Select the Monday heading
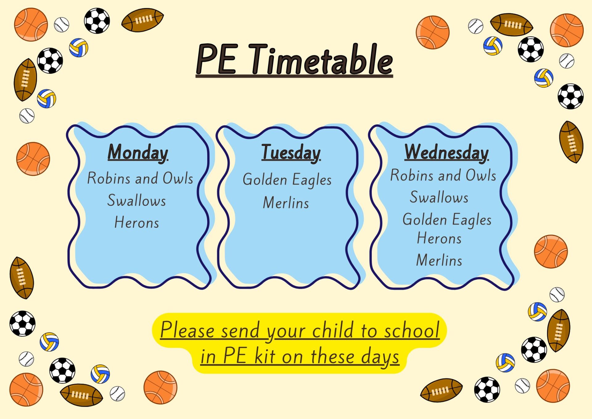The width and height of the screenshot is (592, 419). (x=138, y=153)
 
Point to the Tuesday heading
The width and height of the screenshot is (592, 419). (x=291, y=153)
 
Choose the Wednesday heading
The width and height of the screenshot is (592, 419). (x=446, y=153)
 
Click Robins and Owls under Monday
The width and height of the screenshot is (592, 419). (x=140, y=178)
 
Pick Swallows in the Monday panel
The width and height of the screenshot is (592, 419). (x=137, y=200)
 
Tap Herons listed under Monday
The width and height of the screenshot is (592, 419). (x=137, y=222)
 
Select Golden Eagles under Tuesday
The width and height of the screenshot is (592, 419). (x=287, y=180)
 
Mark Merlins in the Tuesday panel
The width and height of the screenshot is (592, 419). (x=286, y=203)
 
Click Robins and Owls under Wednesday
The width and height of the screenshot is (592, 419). (x=443, y=175)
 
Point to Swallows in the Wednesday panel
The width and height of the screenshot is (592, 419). (x=439, y=197)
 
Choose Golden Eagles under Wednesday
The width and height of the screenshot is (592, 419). (x=447, y=220)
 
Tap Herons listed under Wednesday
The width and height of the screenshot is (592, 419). (x=439, y=238)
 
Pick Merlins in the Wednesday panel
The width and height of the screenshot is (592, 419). (x=439, y=260)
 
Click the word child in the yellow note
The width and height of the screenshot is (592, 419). (x=333, y=330)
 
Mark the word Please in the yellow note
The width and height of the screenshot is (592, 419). (x=187, y=330)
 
